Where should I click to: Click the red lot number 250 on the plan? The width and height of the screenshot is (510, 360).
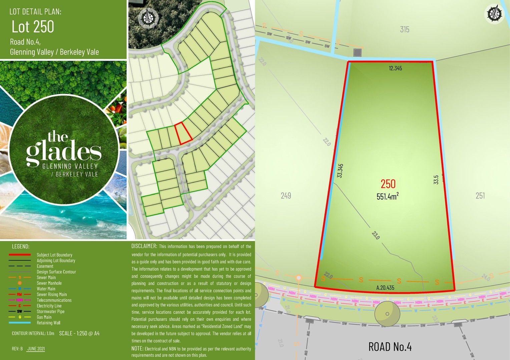pyautogui.click(x=388, y=184)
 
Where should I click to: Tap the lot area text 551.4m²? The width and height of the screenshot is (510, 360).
pyautogui.click(x=388, y=196)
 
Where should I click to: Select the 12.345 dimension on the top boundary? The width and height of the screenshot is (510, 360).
pyautogui.click(x=395, y=68)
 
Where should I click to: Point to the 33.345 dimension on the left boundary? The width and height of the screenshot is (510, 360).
pyautogui.click(x=340, y=170)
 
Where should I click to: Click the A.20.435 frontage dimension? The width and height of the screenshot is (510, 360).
pyautogui.click(x=385, y=288)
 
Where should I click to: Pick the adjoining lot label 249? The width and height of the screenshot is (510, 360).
pyautogui.click(x=286, y=196)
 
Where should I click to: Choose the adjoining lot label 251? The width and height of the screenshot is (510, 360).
pyautogui.click(x=480, y=196)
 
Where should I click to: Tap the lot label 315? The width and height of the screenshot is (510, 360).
pyautogui.click(x=405, y=29)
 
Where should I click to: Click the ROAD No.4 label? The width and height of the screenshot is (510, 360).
pyautogui.click(x=390, y=347)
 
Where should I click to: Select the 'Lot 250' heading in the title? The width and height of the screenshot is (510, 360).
pyautogui.click(x=33, y=27)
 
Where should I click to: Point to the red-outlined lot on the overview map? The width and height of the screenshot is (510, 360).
pyautogui.click(x=183, y=133)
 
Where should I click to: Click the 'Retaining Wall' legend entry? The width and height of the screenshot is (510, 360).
pyautogui.click(x=48, y=323)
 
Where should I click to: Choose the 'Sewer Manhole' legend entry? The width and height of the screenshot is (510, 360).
pyautogui.click(x=49, y=283)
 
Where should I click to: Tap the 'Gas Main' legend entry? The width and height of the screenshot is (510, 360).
pyautogui.click(x=44, y=317)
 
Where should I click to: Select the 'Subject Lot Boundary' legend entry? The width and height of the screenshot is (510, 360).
pyautogui.click(x=54, y=255)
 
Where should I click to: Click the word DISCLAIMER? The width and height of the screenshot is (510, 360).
pyautogui.click(x=144, y=246)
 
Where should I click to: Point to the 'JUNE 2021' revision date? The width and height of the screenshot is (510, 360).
pyautogui.click(x=36, y=349)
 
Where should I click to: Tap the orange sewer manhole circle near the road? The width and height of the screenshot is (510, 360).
pyautogui.click(x=299, y=277)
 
